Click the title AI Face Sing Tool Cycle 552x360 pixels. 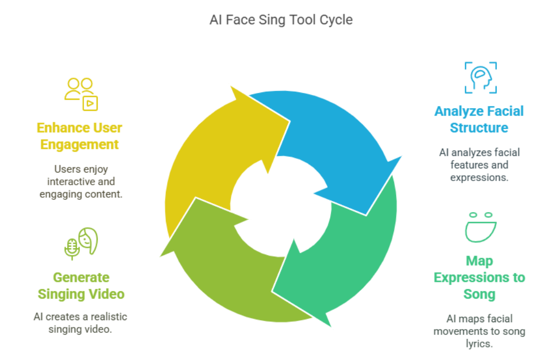281,20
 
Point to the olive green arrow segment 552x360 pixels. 221,268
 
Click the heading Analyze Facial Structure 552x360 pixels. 478,119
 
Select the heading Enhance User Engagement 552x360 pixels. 80,136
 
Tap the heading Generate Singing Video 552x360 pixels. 81,285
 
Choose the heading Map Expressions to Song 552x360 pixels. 479,277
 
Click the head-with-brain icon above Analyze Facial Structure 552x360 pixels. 480,78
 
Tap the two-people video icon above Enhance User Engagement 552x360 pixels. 81,94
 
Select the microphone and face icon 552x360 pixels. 81,243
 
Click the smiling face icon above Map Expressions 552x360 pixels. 481,227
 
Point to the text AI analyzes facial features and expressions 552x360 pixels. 479,165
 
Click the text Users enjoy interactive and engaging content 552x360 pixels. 81,182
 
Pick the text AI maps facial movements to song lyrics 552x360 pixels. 479,331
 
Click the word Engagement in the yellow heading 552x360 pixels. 80,144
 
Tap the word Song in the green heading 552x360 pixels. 479,294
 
